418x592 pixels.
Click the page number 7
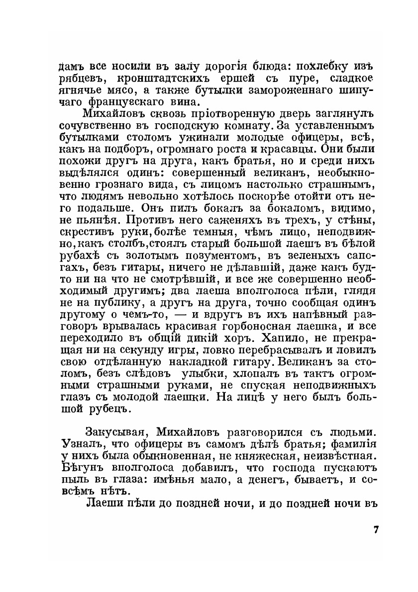(x=377, y=528)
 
